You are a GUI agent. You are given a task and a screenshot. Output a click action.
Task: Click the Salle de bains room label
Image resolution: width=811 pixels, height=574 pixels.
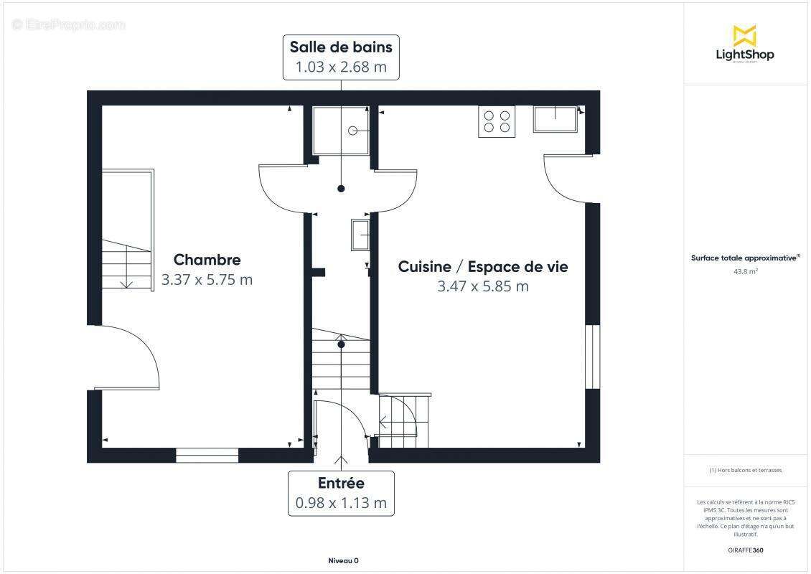pos(341,47)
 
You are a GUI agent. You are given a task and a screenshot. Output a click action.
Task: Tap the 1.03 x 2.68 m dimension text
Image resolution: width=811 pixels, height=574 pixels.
pos(341,67)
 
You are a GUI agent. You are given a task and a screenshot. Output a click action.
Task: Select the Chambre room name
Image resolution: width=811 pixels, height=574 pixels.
pos(207,260)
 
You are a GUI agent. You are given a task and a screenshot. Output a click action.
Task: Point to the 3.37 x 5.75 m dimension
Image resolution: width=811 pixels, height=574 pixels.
pos(207,280)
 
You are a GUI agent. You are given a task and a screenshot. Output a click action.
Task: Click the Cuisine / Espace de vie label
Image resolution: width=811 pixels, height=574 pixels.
pos(483,267)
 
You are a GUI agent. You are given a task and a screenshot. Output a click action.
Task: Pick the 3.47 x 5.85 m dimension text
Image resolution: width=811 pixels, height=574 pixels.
pos(483,286)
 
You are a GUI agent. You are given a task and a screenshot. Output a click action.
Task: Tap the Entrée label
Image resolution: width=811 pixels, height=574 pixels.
pos(341,484)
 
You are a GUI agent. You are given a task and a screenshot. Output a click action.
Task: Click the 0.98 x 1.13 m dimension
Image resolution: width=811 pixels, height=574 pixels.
pos(341,503)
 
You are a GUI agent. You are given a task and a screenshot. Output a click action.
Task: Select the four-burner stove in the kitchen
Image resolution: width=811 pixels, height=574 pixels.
pos(497,121)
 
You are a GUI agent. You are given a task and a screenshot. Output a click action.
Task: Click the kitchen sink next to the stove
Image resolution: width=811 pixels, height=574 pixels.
pos(555,119)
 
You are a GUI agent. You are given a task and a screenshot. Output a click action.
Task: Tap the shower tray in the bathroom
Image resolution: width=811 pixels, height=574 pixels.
pos(342,130)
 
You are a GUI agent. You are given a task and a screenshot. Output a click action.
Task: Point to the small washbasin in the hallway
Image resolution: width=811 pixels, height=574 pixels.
pos(360,235)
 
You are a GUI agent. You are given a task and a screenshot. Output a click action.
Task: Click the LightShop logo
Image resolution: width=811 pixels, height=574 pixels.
pos(744,44)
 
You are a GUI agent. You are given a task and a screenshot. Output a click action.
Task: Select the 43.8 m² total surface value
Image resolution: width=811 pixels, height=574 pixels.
pos(746,272)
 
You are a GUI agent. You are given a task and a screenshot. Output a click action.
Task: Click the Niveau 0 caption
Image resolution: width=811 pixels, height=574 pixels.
pos(342,560)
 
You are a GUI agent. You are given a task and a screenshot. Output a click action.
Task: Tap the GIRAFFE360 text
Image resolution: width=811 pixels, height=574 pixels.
pos(746,550)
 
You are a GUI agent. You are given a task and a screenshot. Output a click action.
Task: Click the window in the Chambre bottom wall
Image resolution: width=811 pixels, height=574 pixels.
pos(207,455)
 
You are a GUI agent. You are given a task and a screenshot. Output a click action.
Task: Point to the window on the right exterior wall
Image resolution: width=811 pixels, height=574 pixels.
pos(592,357)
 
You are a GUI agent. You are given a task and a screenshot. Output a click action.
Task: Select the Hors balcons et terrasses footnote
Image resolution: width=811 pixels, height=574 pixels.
pos(746,471)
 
